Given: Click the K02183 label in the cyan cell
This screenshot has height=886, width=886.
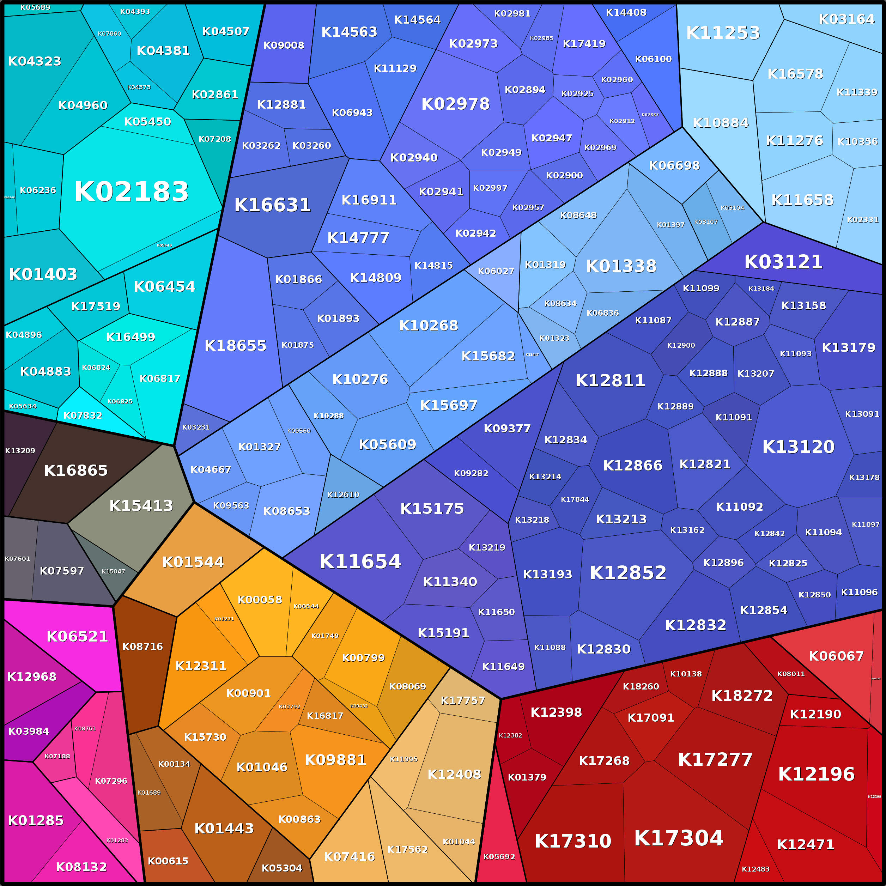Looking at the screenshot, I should [132, 192].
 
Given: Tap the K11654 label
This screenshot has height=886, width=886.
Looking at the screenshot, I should [360, 561].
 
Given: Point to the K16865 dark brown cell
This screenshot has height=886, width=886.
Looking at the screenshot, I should [76, 470].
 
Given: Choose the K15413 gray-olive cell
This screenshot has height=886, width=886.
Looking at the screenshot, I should [141, 505].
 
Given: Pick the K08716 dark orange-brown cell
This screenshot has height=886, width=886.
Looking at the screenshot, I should [142, 647].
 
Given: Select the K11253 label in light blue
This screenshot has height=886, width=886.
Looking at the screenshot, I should [723, 33].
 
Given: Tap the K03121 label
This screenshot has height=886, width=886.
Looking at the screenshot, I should [783, 262].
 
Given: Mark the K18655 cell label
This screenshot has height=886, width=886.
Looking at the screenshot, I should [235, 345].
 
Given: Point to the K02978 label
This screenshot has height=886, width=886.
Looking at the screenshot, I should [455, 104].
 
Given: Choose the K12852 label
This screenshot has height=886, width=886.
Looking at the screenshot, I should [628, 572].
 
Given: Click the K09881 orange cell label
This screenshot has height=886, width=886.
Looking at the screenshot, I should [335, 760].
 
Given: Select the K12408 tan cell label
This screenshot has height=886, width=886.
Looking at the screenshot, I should [454, 775].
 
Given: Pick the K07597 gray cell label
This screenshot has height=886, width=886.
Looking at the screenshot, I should [62, 571].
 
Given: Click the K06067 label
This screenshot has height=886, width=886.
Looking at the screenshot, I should [836, 656].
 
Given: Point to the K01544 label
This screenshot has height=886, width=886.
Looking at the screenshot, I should [193, 562].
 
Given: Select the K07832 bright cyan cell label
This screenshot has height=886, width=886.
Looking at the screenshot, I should [83, 415].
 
